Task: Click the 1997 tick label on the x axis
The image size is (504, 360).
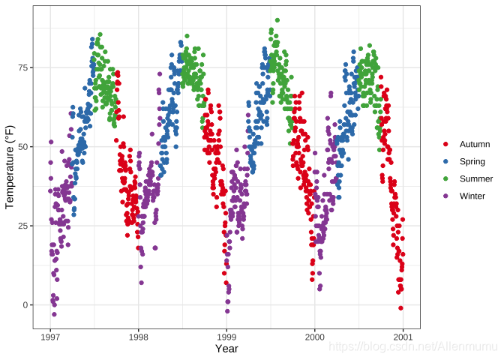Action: click(50, 337)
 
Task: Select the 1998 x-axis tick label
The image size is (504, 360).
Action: click(138, 337)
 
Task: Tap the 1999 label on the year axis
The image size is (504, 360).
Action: click(226, 337)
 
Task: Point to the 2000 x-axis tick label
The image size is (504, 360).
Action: click(314, 337)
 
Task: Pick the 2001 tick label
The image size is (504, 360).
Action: click(403, 337)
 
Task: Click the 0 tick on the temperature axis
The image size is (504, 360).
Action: click(25, 304)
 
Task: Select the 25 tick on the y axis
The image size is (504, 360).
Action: click(22, 226)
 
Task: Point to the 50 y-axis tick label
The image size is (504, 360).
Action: click(22, 146)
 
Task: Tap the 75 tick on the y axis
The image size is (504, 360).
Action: click(22, 67)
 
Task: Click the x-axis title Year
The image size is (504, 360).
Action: click(226, 349)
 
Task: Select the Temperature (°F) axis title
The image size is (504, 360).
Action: click(10, 166)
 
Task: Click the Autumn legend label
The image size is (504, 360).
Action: click(475, 144)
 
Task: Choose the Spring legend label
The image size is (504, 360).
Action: click(472, 161)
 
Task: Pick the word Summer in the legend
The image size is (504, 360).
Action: click(476, 178)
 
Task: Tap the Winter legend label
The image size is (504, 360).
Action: click(472, 196)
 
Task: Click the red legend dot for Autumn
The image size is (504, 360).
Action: click(445, 144)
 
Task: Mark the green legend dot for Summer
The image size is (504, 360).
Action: click(445, 178)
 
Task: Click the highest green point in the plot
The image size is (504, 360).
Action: click(277, 20)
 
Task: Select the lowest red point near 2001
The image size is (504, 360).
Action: click(400, 308)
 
